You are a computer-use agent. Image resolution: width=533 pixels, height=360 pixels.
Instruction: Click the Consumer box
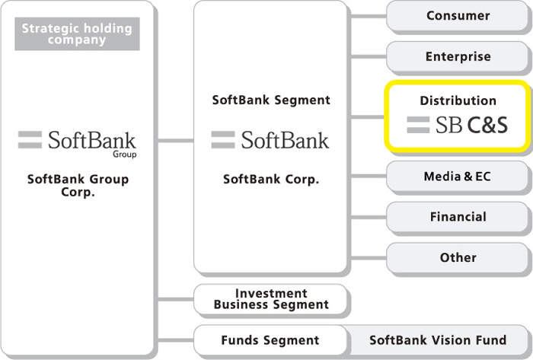[x=457, y=16]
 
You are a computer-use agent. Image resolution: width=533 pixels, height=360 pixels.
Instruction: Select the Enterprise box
[x=457, y=56]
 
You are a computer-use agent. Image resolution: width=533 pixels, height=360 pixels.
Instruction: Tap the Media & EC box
[x=457, y=177]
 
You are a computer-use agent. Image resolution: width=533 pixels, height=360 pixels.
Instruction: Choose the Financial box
[x=457, y=217]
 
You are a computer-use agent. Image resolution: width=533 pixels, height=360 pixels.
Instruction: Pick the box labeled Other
[x=457, y=257]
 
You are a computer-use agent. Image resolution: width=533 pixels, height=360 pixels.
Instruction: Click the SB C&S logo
[x=457, y=125]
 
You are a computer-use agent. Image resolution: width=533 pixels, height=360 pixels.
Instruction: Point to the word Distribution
[x=458, y=100]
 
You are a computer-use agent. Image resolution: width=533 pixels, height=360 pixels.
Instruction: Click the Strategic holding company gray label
[x=77, y=34]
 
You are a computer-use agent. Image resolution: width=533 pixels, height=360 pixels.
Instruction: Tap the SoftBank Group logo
[x=77, y=143]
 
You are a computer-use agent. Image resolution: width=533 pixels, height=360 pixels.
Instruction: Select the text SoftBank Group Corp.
[x=78, y=186]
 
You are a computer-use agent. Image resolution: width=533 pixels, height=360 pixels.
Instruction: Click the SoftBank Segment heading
[x=271, y=100]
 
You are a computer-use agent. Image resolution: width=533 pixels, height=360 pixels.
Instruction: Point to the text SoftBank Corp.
[x=271, y=180]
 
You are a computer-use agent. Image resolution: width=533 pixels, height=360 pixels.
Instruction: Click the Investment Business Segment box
[x=270, y=299]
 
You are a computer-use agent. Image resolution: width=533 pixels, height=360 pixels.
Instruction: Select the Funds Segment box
[x=270, y=340]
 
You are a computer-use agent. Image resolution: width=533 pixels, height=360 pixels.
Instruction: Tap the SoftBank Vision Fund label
[x=438, y=340]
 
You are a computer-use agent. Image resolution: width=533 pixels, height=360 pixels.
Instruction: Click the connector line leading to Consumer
[x=369, y=16]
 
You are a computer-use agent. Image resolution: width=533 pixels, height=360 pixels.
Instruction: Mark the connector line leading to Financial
[x=369, y=217]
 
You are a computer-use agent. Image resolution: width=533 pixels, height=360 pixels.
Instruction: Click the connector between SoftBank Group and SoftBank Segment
[x=176, y=140]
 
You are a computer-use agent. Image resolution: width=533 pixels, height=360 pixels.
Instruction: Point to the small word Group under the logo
[x=125, y=155]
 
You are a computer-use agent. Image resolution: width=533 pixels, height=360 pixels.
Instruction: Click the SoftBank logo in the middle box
[x=270, y=140]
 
